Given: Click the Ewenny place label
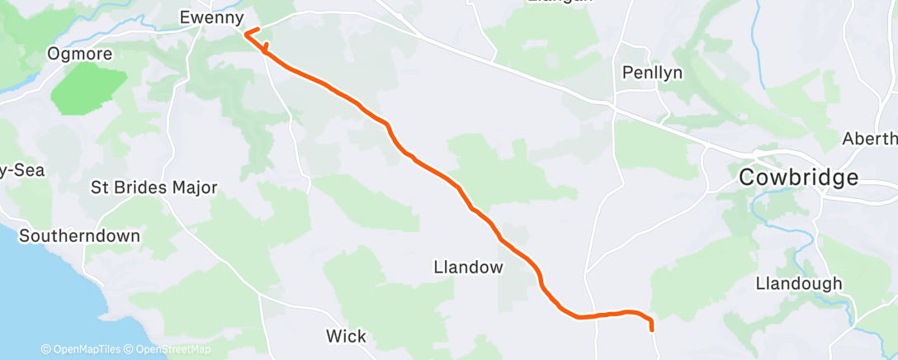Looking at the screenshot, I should coord(212,17).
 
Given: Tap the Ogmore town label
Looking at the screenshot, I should coord(81,54).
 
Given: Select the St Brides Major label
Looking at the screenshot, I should coord(154,187).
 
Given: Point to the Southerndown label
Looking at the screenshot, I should coord(79,235).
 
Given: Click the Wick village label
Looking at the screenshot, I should coord(346,336).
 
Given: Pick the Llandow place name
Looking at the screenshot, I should coord(468,267).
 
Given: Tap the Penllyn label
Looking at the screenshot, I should coord(651,73).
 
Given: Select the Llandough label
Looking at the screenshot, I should coord(799,283).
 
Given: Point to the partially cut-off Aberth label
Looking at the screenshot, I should coord(869,139).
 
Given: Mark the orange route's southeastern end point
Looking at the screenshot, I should coord(653,329).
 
